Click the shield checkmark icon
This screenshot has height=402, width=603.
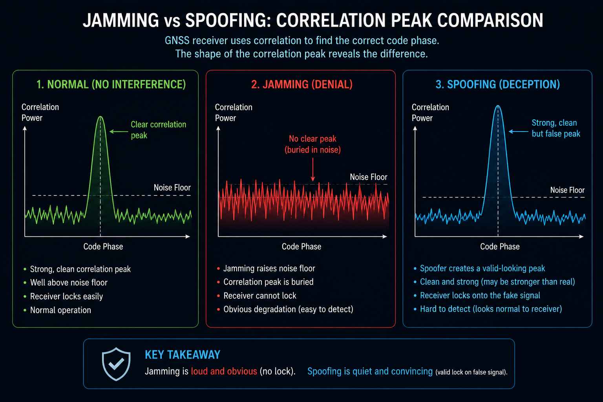116,364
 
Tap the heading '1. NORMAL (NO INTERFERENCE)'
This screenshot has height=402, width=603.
111,84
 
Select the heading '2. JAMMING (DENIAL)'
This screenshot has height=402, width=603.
302,84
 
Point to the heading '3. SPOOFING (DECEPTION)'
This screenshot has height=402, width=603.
498,84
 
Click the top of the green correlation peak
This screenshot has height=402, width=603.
100,116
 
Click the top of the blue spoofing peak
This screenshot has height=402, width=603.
498,106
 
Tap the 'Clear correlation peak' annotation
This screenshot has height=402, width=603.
159,130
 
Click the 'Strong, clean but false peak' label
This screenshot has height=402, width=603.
556,128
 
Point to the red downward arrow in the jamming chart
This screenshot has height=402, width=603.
313,170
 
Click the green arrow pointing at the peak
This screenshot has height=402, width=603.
119,132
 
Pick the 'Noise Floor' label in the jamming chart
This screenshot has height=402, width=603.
369,177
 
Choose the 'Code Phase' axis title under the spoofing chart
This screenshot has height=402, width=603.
500,247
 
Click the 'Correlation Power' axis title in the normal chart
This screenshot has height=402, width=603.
40,112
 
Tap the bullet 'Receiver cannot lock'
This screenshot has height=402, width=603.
260,296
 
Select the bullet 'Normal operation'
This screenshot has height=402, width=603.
60,310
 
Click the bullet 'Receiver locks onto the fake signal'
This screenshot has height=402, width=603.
480,295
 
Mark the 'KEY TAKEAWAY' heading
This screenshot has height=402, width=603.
183,355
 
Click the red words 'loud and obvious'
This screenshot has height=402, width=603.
224,371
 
